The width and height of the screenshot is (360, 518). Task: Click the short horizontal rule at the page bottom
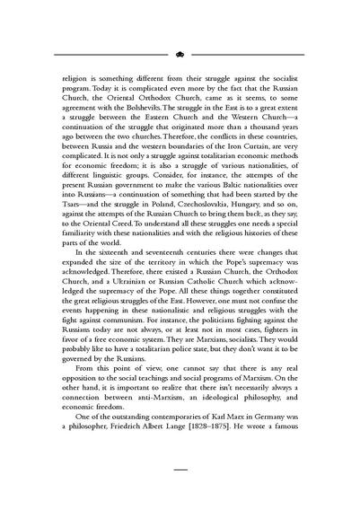180,492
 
